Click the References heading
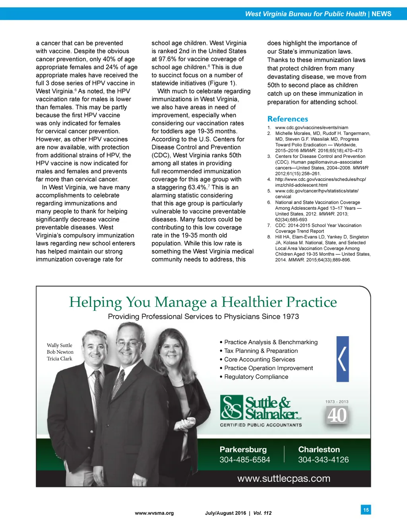point(287,119)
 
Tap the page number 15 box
point(366,510)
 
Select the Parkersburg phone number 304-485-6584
point(244,460)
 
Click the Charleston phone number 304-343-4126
point(323,460)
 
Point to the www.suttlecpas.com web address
point(284,479)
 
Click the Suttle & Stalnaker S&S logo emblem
point(232,407)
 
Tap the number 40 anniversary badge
point(337,416)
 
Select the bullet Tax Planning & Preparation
point(260,351)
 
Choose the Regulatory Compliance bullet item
point(256,377)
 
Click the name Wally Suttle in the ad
point(60,345)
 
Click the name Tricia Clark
point(60,358)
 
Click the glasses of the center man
point(130,343)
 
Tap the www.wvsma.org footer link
point(154,513)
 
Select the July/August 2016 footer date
point(225,513)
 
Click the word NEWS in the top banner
point(381,14)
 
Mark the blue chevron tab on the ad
point(343,359)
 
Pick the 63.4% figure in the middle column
point(196,188)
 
